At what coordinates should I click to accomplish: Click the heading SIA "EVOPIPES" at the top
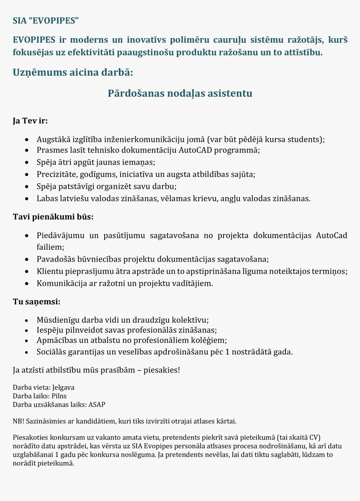46,20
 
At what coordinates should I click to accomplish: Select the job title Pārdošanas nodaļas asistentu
180,93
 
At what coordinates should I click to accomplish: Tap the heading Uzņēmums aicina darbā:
73,72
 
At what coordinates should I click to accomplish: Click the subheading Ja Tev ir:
30,121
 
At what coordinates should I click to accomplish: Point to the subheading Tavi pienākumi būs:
53,217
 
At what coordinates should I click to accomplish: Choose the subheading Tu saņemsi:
36,301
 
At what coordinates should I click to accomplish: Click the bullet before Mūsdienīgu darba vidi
27,321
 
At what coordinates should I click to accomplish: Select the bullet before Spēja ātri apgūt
27,162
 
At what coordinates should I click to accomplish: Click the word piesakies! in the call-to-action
162,370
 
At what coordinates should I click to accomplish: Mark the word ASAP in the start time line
97,404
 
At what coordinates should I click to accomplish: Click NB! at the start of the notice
18,421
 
